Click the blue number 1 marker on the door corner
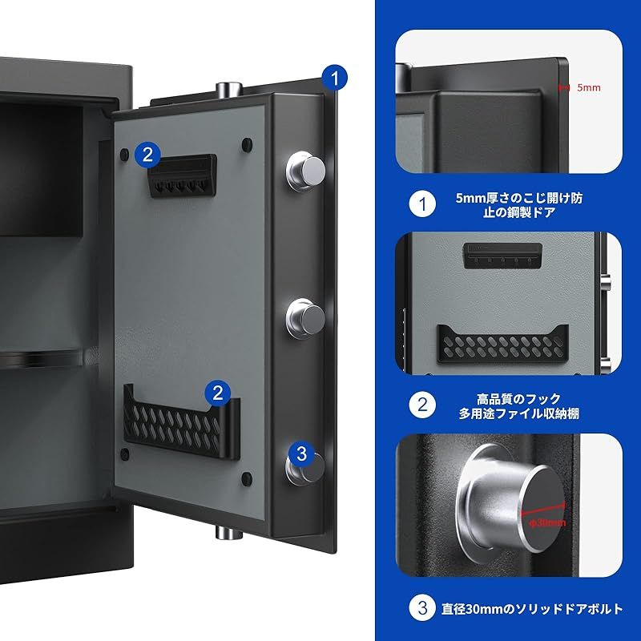click(x=335, y=78)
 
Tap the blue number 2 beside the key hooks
click(x=147, y=154)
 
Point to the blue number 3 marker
click(x=300, y=454)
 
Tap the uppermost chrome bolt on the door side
click(x=305, y=168)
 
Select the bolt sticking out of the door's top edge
click(x=228, y=87)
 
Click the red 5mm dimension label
click(x=587, y=87)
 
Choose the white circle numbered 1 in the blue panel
click(x=422, y=204)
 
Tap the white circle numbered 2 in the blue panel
click(x=422, y=405)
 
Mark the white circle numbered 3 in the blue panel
click(x=422, y=608)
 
